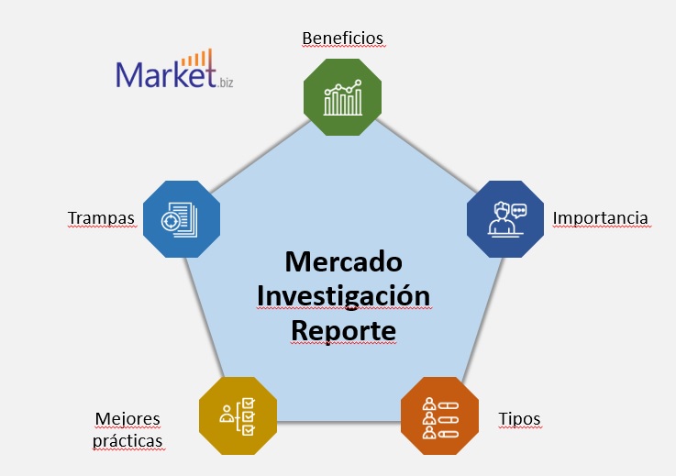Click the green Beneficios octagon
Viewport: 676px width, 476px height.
tap(343, 97)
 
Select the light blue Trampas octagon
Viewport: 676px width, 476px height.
tap(181, 217)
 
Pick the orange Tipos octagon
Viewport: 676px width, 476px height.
tap(439, 415)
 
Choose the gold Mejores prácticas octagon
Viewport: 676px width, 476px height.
tap(238, 415)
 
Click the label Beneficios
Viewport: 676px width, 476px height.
tap(342, 38)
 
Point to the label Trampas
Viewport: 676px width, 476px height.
tap(101, 218)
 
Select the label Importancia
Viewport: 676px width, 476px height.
tap(600, 218)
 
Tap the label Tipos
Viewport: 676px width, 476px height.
tap(519, 419)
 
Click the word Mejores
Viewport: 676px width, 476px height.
tap(127, 419)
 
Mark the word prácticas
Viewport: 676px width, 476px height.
tap(127, 441)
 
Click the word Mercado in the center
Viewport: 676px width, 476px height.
tap(344, 261)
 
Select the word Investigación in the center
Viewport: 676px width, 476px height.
tap(343, 296)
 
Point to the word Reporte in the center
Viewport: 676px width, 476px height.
tap(343, 330)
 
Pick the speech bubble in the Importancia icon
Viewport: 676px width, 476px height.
tap(519, 209)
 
